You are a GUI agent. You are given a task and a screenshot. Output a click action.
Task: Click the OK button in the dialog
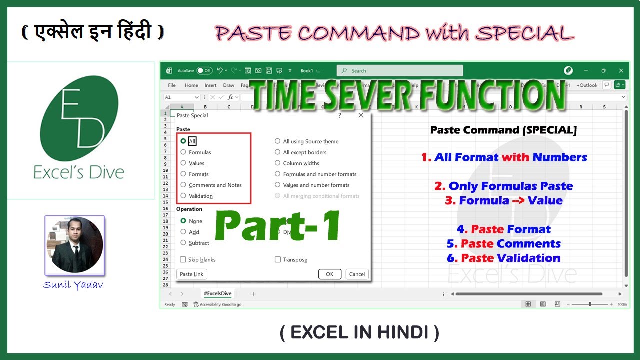tap(330, 274)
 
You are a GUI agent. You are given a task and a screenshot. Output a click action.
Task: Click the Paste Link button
tap(192, 274)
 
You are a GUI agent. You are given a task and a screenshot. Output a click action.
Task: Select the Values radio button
tap(183, 163)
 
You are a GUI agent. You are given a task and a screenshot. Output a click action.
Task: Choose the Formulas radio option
tap(183, 152)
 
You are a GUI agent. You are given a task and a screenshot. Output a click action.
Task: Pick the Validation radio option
tap(183, 196)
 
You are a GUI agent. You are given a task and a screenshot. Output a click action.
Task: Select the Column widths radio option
tap(278, 163)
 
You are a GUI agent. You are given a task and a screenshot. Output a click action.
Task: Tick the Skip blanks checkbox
tap(183, 260)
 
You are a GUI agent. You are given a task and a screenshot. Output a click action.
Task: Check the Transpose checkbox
tap(278, 260)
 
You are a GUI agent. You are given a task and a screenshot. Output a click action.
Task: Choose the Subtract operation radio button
tap(183, 243)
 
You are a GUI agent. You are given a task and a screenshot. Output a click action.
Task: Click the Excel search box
tap(400, 71)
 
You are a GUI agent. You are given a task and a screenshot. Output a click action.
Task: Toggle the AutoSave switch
tap(204, 71)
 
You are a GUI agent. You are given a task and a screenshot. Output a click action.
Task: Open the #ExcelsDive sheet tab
tap(217, 294)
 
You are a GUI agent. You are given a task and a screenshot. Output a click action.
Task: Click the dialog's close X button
tap(361, 115)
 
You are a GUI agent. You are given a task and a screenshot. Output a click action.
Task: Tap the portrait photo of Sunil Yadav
tap(74, 245)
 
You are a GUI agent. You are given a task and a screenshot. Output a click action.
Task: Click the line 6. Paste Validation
tap(504, 258)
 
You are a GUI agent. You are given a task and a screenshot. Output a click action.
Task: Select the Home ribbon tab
tap(191, 85)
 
